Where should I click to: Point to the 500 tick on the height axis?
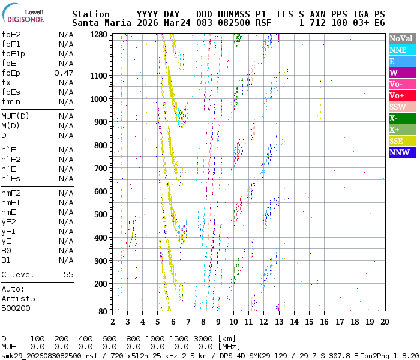pos(100,214)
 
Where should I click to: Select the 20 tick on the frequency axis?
pos(384,322)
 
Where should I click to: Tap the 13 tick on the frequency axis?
pos(278,322)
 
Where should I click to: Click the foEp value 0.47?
pos(64,73)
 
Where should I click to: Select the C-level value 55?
pos(68,275)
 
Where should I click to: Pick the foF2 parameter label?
pos(11,35)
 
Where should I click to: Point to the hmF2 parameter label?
pos(11,193)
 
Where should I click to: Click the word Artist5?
pos(18,298)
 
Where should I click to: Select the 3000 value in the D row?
pos(203,338)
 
